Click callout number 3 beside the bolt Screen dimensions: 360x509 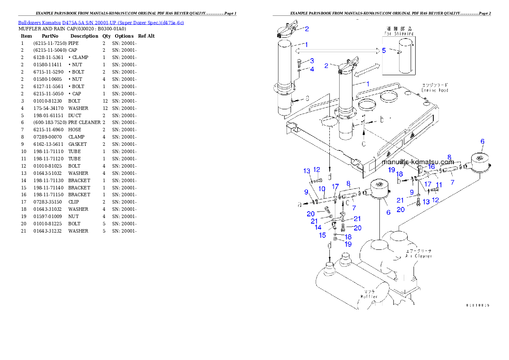pyautogui.click(x=312, y=61)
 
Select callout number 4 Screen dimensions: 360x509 pyautogui.click(x=312, y=69)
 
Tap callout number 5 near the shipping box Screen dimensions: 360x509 pyautogui.click(x=384, y=50)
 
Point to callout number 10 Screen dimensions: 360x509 pyautogui.click(x=322, y=189)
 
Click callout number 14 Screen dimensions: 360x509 pyautogui.click(x=318, y=227)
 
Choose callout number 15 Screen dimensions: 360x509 pyautogui.click(x=323, y=235)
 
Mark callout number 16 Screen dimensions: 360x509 pyautogui.click(x=431, y=166)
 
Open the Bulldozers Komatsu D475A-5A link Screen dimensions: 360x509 pyautogui.click(x=101, y=23)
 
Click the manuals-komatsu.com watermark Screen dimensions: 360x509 pyautogui.click(x=417, y=162)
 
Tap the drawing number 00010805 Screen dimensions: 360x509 pyautogui.click(x=477, y=305)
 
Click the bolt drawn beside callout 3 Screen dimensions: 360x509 pyautogui.click(x=299, y=65)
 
